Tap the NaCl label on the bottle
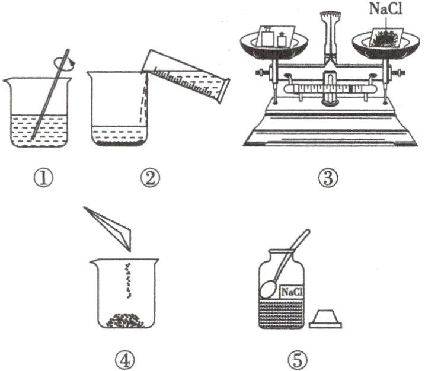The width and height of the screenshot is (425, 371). pos(291,292)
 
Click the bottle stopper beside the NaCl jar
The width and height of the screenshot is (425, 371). pos(325,318)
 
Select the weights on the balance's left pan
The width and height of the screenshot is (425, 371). pos(274,38)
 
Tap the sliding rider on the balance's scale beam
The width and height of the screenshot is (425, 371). pos(354,89)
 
